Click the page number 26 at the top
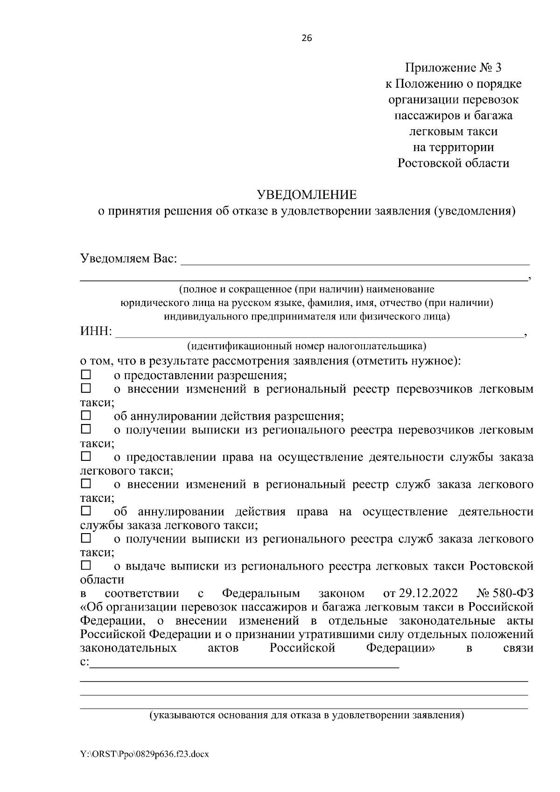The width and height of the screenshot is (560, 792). (307, 38)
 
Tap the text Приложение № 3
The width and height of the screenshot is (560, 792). (453, 68)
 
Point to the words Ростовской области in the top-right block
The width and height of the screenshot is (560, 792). (453, 163)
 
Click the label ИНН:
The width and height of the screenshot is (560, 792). (96, 332)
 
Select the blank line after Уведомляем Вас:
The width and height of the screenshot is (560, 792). (355, 259)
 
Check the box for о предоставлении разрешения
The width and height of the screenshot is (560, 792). (86, 375)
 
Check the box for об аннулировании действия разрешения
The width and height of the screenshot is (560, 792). (86, 415)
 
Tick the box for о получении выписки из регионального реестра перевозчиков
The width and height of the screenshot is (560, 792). (86, 429)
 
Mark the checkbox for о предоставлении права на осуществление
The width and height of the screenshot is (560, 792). (86, 456)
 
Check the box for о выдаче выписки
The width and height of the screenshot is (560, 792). (86, 565)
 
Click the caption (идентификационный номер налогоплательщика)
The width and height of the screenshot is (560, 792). (307, 346)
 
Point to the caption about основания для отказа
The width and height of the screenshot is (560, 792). (307, 716)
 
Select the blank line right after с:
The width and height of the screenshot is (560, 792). (245, 663)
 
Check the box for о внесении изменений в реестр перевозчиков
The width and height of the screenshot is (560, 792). (86, 388)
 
